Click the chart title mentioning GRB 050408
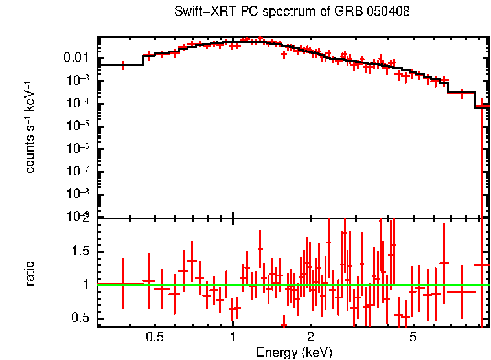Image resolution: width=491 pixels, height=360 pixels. pyautogui.click(x=292, y=12)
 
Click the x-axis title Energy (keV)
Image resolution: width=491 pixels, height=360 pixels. pyautogui.click(x=294, y=352)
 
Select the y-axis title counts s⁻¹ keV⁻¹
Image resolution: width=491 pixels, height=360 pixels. pyautogui.click(x=30, y=128)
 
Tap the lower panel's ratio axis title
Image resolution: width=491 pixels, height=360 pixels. pyautogui.click(x=30, y=273)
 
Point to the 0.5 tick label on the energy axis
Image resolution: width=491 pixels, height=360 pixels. pyautogui.click(x=154, y=337)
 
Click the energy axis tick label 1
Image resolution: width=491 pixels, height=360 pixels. pyautogui.click(x=233, y=337)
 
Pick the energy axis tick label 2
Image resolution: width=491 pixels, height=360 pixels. pyautogui.click(x=310, y=337)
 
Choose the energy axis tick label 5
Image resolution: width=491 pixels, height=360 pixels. pyautogui.click(x=413, y=337)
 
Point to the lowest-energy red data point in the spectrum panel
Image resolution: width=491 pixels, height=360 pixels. pyautogui.click(x=122, y=65)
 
